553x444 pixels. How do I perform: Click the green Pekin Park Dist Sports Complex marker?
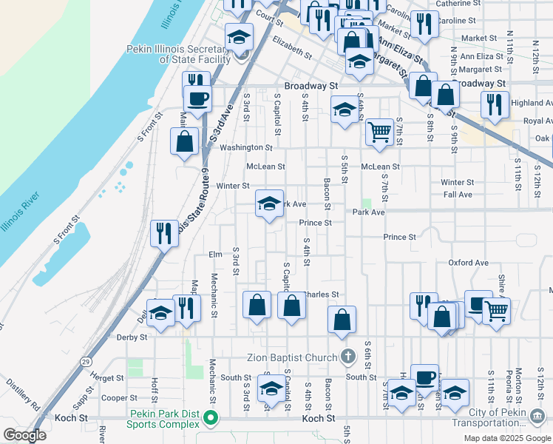click(211, 419)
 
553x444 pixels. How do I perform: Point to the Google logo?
click(24, 435)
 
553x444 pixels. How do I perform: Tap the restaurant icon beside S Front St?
click(163, 234)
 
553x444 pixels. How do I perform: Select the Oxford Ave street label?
click(468, 263)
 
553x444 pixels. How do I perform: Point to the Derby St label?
click(132, 337)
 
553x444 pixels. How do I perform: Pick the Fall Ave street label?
click(458, 195)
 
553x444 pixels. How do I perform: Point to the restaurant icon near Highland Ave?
click(493, 104)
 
